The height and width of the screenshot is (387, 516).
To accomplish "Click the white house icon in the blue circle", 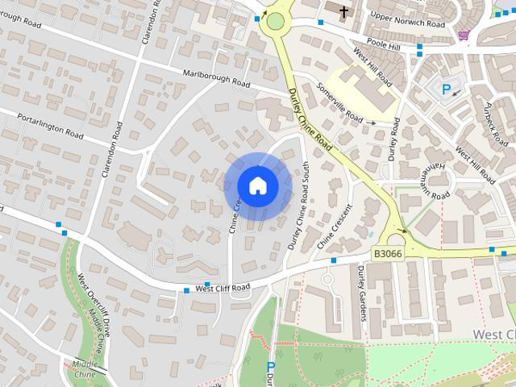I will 257,185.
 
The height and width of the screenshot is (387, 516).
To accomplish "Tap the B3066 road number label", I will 388,253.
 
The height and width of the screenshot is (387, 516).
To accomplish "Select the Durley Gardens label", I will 360,290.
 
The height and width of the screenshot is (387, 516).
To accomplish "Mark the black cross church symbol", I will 344,12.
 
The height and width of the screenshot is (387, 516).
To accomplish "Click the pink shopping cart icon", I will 464,35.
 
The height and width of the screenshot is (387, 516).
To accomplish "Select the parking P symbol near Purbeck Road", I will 445,89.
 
